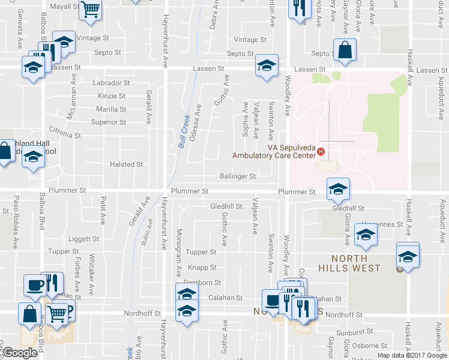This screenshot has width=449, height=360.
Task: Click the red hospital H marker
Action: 321,151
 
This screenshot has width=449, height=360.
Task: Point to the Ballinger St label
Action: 238,176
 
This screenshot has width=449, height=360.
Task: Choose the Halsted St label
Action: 126,164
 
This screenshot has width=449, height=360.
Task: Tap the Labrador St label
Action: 111,83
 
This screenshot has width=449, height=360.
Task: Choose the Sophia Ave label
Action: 245,119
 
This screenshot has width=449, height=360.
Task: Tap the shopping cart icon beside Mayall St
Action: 91,8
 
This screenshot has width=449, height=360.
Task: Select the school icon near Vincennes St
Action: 365,235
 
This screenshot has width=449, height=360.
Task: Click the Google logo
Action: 20,352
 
